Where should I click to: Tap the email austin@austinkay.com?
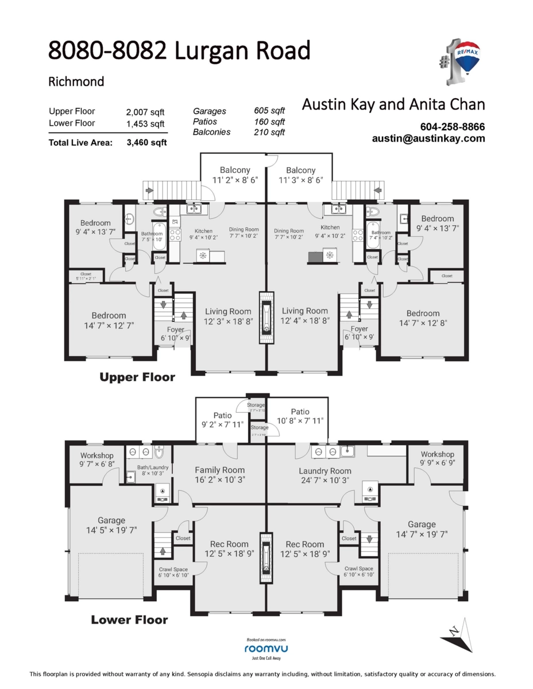coord(428,138)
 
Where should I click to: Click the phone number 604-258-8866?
coord(453,127)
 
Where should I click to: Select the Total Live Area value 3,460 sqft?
coord(146,143)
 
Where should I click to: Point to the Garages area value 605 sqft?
coord(269,111)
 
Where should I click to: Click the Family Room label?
coord(219,470)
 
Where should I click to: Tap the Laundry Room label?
coord(325,471)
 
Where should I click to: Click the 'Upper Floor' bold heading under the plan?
coord(137,377)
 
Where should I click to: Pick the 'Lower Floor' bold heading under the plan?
coord(130,620)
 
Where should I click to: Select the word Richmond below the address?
coord(76,82)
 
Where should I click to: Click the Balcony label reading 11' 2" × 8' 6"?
coord(235,175)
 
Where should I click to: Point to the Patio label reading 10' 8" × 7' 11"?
coord(300,416)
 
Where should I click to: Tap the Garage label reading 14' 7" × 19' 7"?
coord(422,529)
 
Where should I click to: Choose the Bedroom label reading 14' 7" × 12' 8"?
coord(423,318)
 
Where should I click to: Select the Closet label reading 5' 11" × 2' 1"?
coord(86,276)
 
